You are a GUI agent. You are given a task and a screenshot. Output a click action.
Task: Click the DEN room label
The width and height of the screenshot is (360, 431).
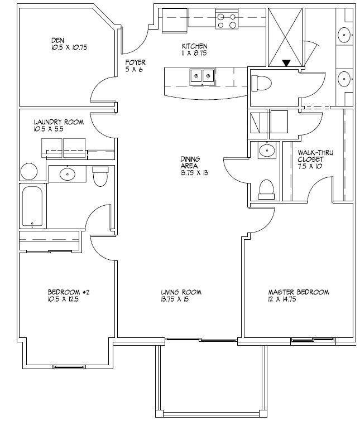tap(57, 40)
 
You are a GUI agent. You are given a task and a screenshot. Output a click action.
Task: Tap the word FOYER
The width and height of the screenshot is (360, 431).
tap(135, 63)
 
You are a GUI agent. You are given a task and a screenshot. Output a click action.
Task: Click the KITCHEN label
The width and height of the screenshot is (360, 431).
tap(194, 46)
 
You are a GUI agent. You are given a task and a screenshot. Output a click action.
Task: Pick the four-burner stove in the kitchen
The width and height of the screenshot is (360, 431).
tap(226, 21)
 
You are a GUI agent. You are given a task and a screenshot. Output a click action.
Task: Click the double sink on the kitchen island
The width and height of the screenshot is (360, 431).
tap(202, 76)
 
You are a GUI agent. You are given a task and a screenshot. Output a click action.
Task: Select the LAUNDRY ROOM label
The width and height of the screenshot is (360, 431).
tap(59, 122)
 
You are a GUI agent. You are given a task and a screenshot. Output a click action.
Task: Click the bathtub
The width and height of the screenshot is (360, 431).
tap(32, 207)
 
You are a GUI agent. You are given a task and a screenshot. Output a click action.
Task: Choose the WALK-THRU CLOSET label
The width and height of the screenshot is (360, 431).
tap(315, 156)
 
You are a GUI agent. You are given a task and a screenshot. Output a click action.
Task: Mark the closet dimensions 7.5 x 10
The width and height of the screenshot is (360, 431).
tap(310, 166)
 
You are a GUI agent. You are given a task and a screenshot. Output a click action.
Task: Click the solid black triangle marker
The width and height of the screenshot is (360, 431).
tap(286, 64)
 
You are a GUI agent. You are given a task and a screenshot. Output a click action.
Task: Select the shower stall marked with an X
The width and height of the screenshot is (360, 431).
tap(285, 37)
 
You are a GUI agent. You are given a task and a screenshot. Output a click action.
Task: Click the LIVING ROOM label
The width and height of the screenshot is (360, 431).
tap(181, 292)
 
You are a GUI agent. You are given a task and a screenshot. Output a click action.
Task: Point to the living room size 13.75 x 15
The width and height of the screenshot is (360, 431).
tap(181, 299)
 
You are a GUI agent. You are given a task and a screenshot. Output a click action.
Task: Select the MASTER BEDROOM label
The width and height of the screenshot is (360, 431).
tap(298, 292)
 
